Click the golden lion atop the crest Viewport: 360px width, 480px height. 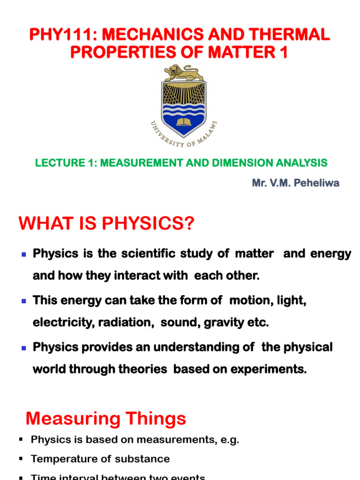tap(184, 73)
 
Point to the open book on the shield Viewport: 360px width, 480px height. tap(184, 123)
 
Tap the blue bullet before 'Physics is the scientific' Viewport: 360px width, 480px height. tap(24, 254)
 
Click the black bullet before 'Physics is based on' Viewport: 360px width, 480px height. tap(21, 440)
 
